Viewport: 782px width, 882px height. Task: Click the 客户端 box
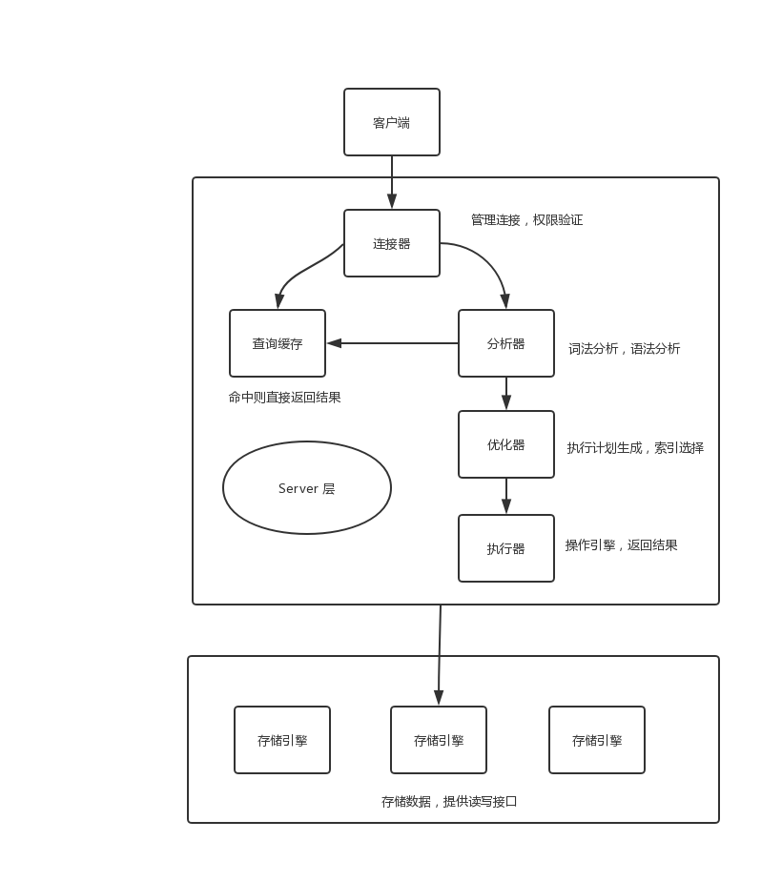(x=391, y=122)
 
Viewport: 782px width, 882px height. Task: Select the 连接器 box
(x=391, y=243)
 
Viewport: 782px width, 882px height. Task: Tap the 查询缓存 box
(x=277, y=343)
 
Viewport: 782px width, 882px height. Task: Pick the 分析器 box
(x=505, y=343)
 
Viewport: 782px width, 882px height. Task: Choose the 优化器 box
(x=505, y=444)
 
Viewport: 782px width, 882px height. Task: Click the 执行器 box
(x=505, y=548)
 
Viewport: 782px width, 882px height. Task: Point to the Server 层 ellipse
(x=306, y=487)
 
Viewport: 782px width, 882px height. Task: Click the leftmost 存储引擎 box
(x=281, y=740)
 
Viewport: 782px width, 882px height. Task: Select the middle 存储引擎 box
(x=438, y=740)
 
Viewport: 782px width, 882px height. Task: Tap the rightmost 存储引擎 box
(x=596, y=740)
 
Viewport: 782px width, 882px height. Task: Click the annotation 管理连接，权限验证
(x=526, y=220)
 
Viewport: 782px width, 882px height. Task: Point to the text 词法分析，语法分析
(x=624, y=349)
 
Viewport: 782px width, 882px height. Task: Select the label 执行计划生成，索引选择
(x=635, y=448)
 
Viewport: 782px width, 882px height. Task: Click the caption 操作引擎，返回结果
(x=621, y=545)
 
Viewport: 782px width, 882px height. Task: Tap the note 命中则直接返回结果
(x=284, y=398)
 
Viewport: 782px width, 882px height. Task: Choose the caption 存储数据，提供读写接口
(x=448, y=802)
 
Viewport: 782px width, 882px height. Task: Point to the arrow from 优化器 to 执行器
(x=505, y=496)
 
